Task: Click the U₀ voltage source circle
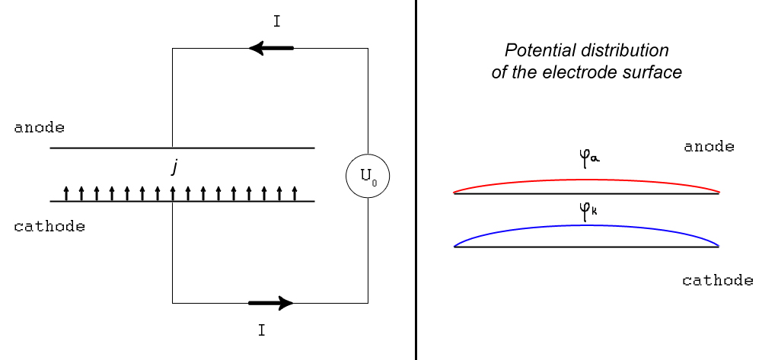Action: (x=368, y=177)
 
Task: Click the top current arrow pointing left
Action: (x=271, y=49)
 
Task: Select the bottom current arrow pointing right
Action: (x=271, y=303)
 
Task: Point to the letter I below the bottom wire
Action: (x=261, y=331)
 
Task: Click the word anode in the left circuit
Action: (x=39, y=127)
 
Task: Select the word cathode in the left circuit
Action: (x=49, y=227)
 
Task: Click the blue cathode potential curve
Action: (x=586, y=226)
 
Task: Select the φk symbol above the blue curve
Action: (x=588, y=211)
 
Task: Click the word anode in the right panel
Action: (x=709, y=146)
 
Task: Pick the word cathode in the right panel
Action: (x=717, y=280)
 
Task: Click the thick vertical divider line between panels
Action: (x=416, y=180)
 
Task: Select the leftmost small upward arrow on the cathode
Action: (x=66, y=193)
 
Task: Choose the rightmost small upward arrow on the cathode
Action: (x=294, y=193)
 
